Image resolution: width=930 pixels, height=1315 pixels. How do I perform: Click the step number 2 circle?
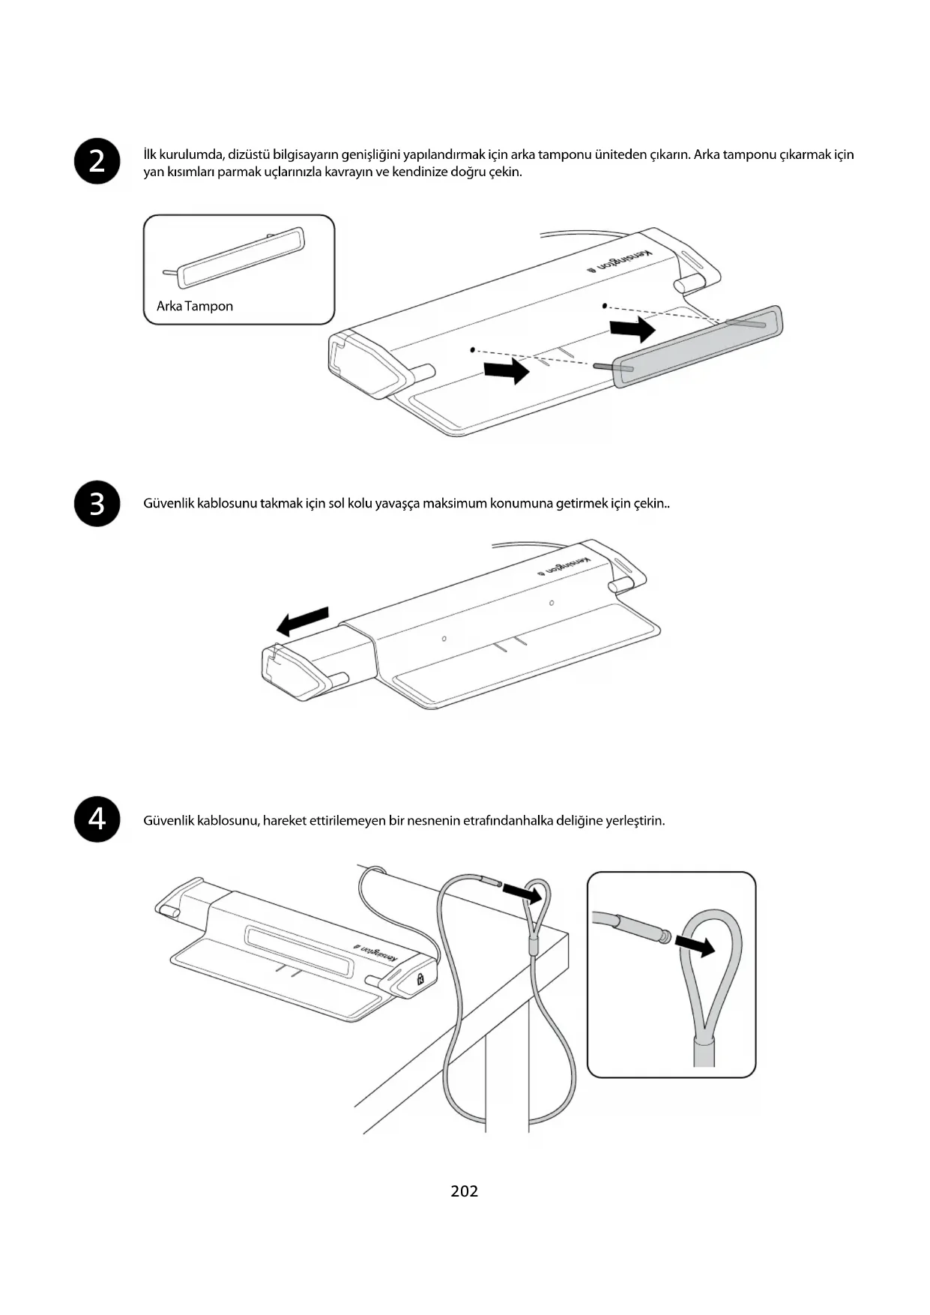tap(97, 161)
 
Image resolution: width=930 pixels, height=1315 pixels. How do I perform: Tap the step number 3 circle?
tap(97, 504)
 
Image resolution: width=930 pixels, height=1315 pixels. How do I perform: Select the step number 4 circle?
tap(97, 819)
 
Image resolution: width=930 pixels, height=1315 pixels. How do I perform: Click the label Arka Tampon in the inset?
tap(195, 306)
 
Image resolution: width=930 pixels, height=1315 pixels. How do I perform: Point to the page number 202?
tap(465, 1191)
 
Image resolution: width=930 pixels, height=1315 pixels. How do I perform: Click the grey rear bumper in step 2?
tap(697, 346)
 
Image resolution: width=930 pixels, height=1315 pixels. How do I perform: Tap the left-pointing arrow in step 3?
tap(303, 621)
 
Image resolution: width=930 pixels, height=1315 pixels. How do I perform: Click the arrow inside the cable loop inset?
tap(695, 945)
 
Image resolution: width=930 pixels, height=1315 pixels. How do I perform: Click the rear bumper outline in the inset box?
tap(241, 257)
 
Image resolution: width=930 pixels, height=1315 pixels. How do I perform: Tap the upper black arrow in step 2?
tap(632, 328)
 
